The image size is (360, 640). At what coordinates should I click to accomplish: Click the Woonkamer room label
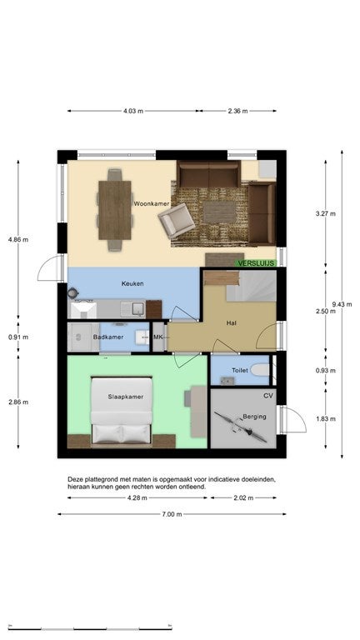point(152,203)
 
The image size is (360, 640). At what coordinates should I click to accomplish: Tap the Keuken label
point(132,283)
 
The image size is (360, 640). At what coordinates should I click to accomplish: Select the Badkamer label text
point(108,337)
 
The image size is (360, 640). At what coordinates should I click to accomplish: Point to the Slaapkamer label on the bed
point(126,397)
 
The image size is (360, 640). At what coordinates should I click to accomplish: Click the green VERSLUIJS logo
point(257,263)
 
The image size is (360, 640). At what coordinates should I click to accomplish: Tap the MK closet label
point(158,337)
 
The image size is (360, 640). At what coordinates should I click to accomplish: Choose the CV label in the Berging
point(268,396)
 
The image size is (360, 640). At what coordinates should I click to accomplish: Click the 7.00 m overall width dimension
point(172,514)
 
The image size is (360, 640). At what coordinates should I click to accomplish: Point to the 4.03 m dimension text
point(133,111)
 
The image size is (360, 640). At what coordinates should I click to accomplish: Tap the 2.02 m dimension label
point(243,498)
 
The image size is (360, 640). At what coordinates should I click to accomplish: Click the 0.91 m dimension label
point(18,337)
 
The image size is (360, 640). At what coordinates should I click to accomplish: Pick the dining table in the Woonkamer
point(115,210)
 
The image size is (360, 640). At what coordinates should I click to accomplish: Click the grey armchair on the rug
point(177,220)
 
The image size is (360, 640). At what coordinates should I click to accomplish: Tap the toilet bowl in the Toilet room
point(260,370)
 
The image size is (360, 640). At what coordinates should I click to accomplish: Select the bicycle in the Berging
point(240,427)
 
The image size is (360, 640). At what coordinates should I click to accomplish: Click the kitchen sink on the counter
point(132,309)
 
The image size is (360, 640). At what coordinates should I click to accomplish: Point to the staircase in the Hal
point(251,287)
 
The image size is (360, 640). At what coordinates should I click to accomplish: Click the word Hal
point(232,323)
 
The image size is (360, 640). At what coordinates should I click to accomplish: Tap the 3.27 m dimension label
point(326,213)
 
